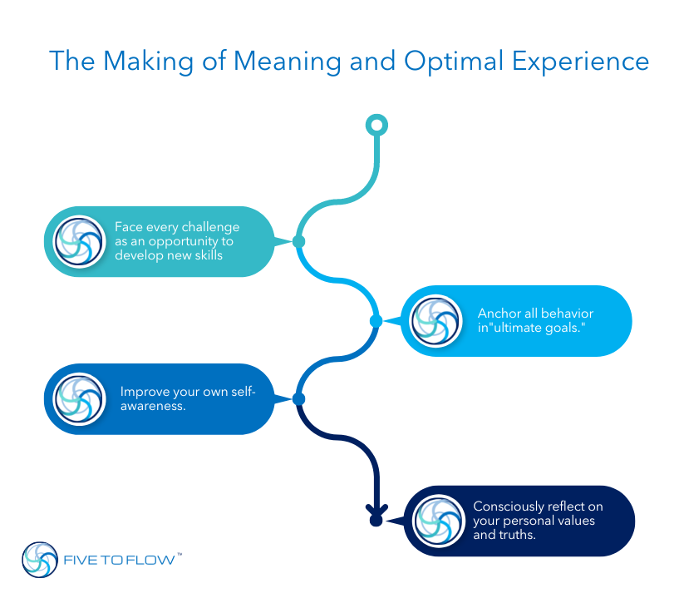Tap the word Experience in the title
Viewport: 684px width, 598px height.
coord(583,62)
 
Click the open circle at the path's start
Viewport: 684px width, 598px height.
coord(376,126)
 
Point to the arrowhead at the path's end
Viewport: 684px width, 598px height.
coord(376,507)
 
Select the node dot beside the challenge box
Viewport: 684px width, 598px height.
coord(298,242)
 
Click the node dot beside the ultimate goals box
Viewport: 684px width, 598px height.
coord(376,321)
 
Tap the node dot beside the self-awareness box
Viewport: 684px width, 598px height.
coord(298,399)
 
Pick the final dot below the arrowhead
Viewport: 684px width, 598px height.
coord(376,521)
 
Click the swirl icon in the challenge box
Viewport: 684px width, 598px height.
coord(79,241)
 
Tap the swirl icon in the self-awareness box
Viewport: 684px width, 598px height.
coord(79,399)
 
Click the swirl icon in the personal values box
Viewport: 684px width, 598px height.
coord(438,521)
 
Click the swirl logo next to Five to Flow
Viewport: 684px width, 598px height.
coord(40,560)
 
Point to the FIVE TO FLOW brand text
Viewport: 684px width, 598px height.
coord(119,561)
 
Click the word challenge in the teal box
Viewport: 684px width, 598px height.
coord(211,227)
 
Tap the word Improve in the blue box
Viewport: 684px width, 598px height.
coord(143,392)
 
